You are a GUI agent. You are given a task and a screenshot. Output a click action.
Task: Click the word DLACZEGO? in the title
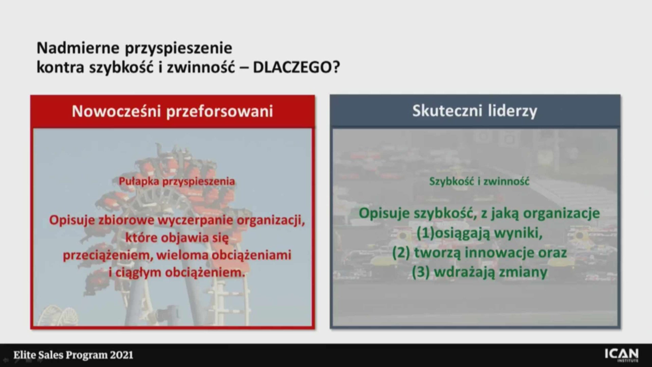click(296, 67)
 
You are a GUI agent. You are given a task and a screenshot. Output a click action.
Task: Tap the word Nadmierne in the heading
click(78, 48)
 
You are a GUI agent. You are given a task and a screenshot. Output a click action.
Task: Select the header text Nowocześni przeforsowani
click(172, 111)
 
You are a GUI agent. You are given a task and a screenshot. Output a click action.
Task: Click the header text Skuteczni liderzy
click(475, 111)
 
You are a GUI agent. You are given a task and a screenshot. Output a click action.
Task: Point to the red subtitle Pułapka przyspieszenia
click(177, 181)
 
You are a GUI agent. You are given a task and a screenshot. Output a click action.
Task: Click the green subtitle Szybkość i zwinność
click(479, 181)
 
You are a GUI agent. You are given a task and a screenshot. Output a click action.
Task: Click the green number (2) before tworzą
click(401, 252)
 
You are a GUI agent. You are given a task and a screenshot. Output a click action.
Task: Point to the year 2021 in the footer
click(122, 355)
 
